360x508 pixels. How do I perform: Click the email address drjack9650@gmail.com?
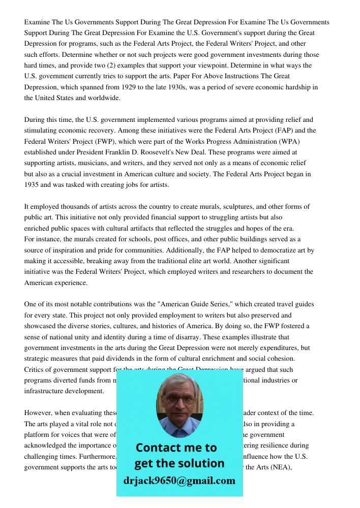[x=179, y=481]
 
